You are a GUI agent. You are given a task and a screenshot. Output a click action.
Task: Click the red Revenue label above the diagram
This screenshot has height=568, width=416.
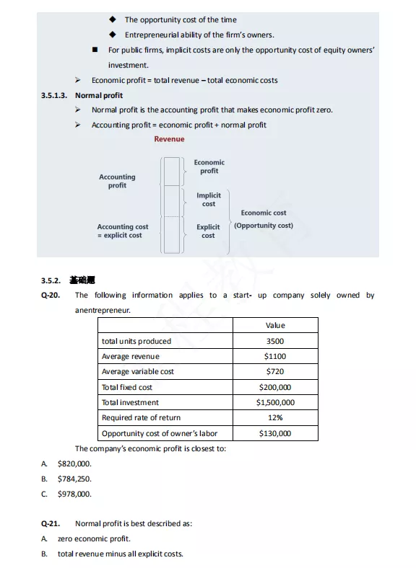(169, 139)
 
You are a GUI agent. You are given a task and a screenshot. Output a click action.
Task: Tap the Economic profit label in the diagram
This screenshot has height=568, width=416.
(209, 167)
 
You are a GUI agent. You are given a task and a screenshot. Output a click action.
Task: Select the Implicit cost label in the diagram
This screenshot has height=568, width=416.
(209, 200)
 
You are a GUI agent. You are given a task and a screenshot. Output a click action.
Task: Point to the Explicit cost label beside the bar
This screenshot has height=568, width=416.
(208, 231)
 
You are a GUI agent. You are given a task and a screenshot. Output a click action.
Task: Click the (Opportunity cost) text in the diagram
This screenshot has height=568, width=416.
(264, 226)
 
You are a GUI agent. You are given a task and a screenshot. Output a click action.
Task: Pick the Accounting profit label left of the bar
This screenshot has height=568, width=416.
(117, 181)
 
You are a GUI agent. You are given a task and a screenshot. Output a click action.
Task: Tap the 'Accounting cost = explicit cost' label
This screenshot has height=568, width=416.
(123, 231)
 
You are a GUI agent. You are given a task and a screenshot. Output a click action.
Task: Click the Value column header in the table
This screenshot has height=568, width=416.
(275, 326)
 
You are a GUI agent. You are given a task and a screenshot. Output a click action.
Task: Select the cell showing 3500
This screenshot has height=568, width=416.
(275, 341)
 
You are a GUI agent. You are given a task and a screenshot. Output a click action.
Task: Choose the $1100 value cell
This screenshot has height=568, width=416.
(275, 356)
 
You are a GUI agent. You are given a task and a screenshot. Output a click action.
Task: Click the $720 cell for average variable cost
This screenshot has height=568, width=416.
(275, 371)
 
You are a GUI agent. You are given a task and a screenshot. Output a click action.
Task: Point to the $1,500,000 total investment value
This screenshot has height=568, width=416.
(275, 402)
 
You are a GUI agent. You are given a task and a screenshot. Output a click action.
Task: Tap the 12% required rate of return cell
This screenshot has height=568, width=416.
(275, 417)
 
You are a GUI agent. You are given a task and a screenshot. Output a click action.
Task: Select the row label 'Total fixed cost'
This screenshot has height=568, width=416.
(127, 387)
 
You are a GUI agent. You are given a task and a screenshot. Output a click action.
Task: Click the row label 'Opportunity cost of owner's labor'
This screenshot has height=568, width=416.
(159, 433)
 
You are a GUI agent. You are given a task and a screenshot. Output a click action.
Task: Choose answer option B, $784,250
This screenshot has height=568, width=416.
(74, 479)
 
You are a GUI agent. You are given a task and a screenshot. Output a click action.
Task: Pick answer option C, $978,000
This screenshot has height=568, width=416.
(74, 494)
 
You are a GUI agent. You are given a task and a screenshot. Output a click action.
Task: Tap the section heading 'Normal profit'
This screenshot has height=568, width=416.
(99, 95)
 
